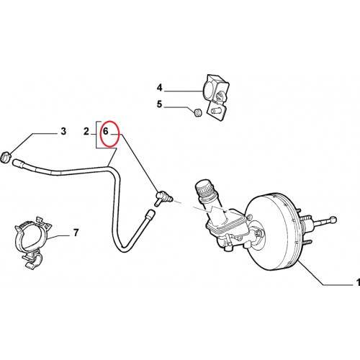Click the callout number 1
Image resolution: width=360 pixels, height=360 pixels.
358,282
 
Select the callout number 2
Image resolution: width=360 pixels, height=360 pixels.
86,131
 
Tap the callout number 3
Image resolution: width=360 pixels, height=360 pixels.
63,131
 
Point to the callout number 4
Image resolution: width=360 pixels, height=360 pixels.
160,88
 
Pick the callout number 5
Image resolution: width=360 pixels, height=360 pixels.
160,104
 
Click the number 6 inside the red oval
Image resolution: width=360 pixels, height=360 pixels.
106,131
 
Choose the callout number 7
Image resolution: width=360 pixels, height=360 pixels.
76,233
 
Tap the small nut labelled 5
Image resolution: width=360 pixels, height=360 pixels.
197,112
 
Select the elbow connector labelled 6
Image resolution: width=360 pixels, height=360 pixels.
163,197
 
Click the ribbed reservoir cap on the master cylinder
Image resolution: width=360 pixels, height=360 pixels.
204,187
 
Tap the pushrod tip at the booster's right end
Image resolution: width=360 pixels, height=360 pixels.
333,219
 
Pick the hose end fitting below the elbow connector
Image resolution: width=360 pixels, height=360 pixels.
150,214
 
